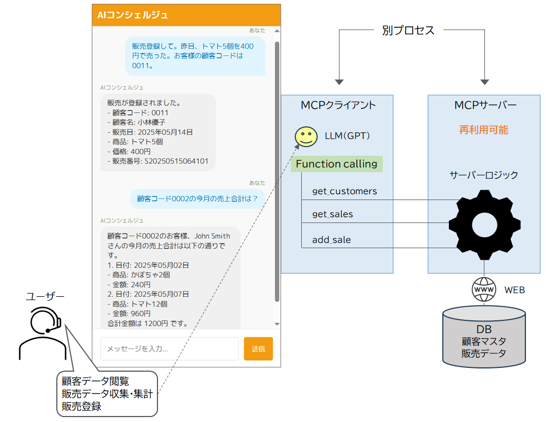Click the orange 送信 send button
click(x=258, y=349)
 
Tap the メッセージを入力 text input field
click(x=169, y=349)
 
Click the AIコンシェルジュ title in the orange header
click(x=133, y=15)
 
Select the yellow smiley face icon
click(x=306, y=137)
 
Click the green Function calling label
click(x=336, y=164)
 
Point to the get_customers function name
click(x=344, y=191)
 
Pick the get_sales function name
click(x=332, y=214)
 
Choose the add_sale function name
click(x=331, y=240)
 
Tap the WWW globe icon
click(x=483, y=289)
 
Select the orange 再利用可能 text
click(x=483, y=130)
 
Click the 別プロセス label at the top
click(x=408, y=31)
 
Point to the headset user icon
click(x=43, y=333)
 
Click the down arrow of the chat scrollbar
click(x=277, y=324)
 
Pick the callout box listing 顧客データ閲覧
click(x=107, y=394)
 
